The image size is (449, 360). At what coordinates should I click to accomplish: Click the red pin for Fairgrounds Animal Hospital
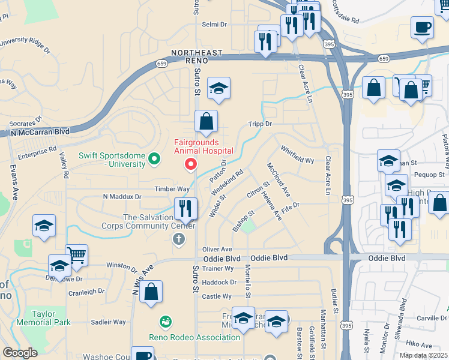(x=191, y=163)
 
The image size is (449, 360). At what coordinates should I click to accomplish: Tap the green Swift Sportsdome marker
(x=154, y=159)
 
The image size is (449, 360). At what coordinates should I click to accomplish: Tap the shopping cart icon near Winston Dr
(x=76, y=256)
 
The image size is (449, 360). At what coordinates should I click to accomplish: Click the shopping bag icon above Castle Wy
(x=152, y=292)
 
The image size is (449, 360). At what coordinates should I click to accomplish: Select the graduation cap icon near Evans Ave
(x=44, y=226)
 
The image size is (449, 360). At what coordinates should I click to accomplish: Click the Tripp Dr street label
(x=261, y=124)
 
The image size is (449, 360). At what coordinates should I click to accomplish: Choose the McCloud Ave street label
(x=279, y=180)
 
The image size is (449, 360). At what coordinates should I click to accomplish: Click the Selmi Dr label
(x=214, y=25)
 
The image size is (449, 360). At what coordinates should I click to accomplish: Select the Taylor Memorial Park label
(x=51, y=318)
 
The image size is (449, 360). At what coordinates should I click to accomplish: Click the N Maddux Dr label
(x=122, y=196)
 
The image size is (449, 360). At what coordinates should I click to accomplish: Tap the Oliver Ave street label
(x=217, y=249)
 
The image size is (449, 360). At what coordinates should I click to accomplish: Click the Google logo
(x=20, y=353)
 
